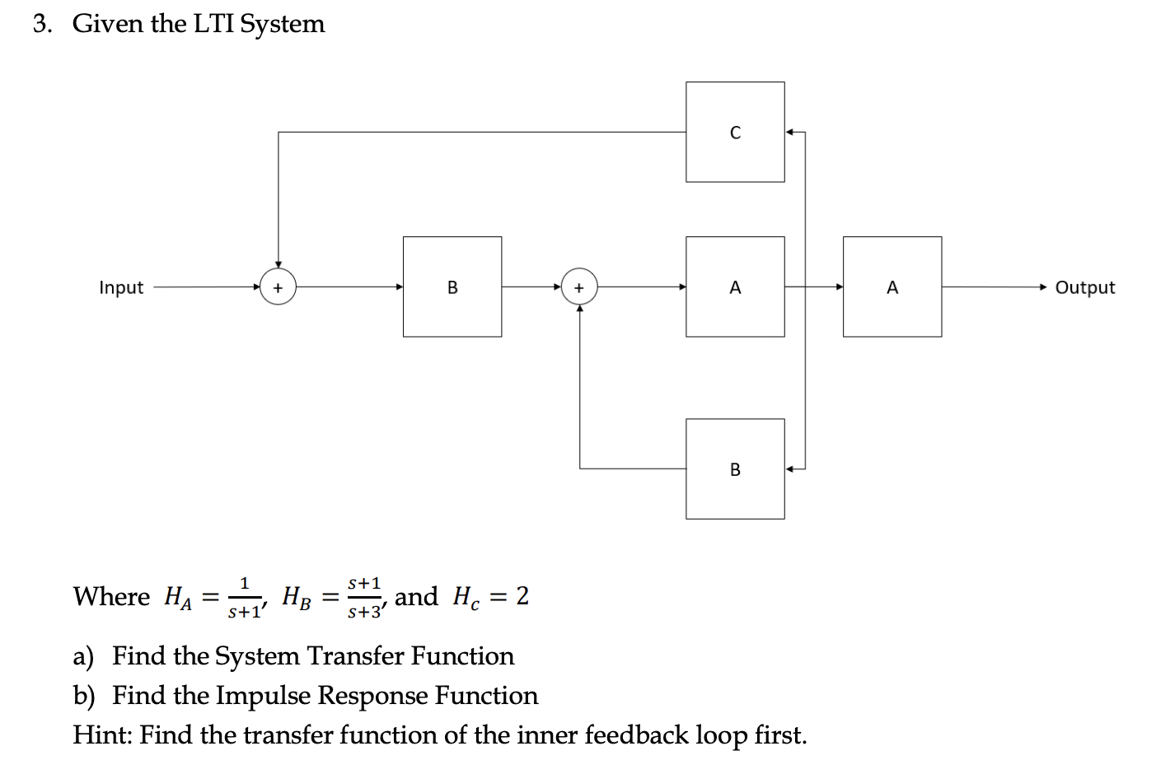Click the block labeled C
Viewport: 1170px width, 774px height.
point(735,132)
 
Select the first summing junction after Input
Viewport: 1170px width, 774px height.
point(278,287)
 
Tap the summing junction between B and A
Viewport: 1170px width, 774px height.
point(579,287)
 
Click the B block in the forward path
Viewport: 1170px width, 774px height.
point(452,287)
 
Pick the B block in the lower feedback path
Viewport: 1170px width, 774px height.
point(735,469)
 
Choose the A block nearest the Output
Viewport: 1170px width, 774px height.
point(892,287)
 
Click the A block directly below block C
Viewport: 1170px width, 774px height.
point(735,287)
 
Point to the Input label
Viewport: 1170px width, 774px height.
point(121,287)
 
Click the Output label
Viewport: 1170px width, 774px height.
point(1084,287)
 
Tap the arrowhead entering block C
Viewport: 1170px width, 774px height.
point(790,132)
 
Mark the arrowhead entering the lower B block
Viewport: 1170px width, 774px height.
point(790,469)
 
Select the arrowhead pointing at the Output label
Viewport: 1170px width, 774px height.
point(1044,287)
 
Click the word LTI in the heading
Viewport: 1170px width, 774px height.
point(213,24)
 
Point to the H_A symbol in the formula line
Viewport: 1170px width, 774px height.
point(178,597)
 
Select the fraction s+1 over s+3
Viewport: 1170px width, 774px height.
point(364,598)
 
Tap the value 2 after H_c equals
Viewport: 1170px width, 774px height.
point(522,596)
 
